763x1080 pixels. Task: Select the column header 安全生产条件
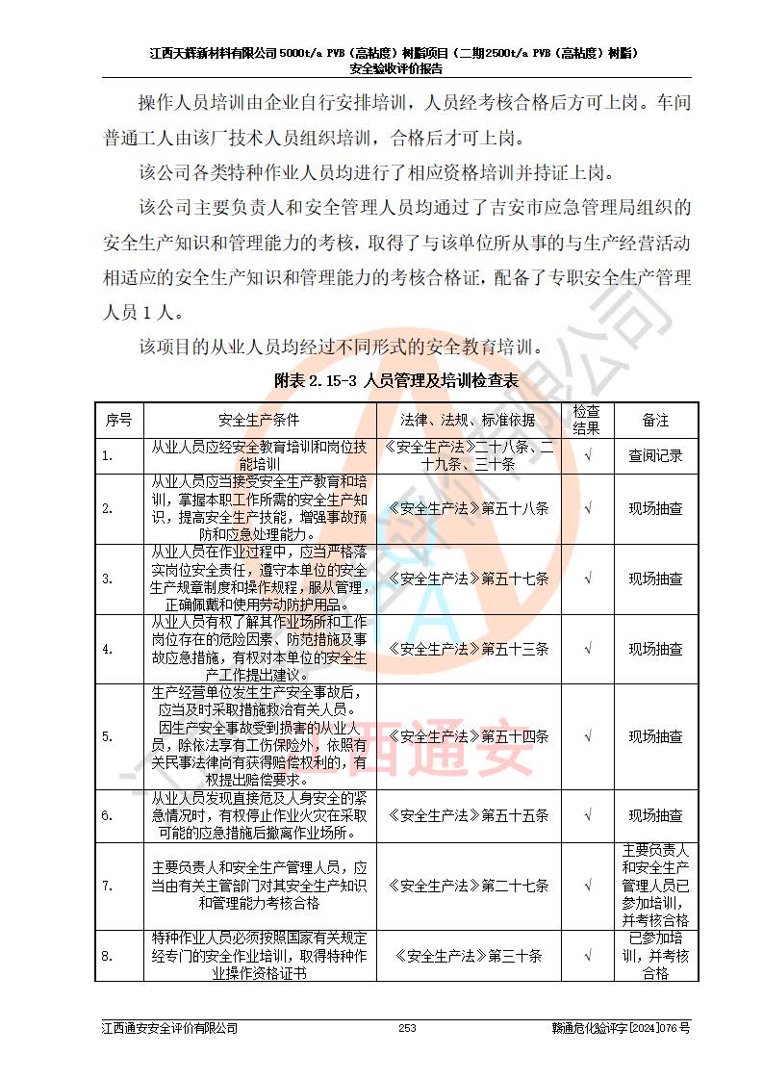click(x=259, y=420)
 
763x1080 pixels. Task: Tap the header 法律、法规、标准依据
click(x=468, y=420)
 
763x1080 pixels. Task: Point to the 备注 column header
click(x=655, y=420)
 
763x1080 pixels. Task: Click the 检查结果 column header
click(x=587, y=420)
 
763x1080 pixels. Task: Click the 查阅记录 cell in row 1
click(x=655, y=455)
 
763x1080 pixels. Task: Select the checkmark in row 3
click(x=587, y=579)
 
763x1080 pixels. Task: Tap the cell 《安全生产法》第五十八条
click(x=468, y=507)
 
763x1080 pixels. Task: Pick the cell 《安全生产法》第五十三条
click(x=468, y=649)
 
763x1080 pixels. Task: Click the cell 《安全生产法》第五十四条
click(x=468, y=736)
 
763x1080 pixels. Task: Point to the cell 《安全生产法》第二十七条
click(x=468, y=886)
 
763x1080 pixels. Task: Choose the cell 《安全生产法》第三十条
click(x=468, y=956)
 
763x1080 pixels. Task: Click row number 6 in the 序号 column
click(x=108, y=815)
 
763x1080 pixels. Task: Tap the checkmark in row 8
click(x=587, y=956)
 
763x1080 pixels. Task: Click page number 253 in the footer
click(x=407, y=1029)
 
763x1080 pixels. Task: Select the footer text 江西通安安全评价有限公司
click(x=170, y=1029)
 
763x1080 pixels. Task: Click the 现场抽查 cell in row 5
click(x=655, y=736)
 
